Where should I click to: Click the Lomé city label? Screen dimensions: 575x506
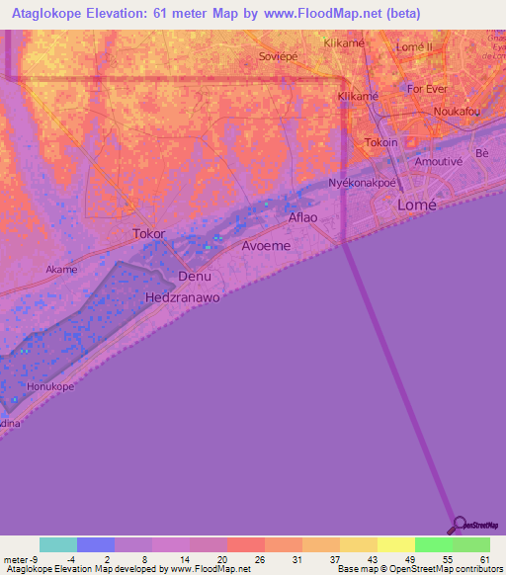pos(415,205)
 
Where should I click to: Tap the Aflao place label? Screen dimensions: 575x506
pos(302,216)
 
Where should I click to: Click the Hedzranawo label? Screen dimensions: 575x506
pos(180,296)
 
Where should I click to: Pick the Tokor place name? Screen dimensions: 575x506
pos(148,234)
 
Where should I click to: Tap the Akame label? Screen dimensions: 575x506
pos(61,269)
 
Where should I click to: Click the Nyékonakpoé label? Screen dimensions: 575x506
pos(362,184)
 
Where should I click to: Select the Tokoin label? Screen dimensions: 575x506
pos(381,142)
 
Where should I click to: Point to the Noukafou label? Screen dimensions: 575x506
pos(456,112)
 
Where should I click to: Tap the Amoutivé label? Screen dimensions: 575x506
pos(440,161)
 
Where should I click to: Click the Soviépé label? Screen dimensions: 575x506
pos(277,57)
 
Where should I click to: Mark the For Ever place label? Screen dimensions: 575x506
pos(428,88)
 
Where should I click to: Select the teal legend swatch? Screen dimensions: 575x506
pos(58,544)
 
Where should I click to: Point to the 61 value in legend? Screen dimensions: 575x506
pos(484,558)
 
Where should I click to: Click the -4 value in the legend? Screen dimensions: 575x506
pos(71,558)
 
